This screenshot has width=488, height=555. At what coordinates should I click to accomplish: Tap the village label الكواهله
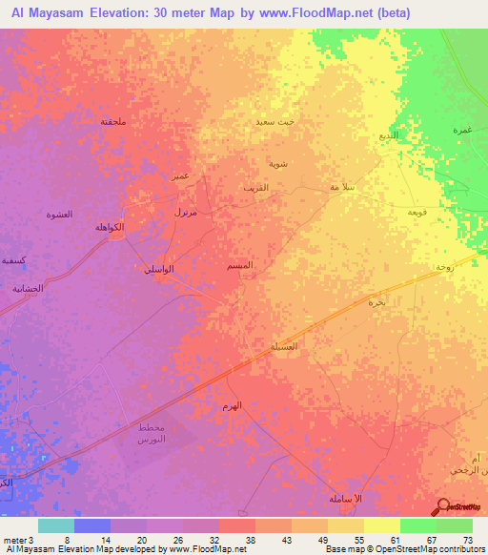tap(109, 227)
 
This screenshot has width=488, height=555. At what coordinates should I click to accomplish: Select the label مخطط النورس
tap(152, 432)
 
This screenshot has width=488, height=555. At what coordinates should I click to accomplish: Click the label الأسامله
tap(342, 500)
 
